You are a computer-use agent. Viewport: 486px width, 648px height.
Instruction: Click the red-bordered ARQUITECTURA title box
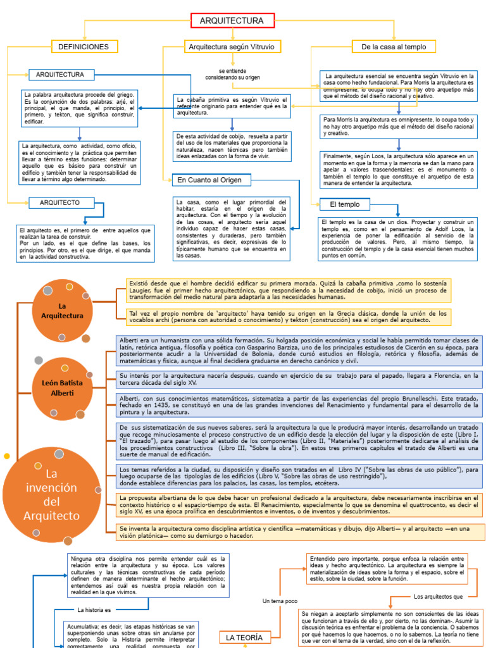click(232, 21)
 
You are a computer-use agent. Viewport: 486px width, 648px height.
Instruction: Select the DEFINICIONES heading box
click(84, 47)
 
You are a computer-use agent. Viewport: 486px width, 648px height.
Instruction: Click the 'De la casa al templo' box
click(394, 47)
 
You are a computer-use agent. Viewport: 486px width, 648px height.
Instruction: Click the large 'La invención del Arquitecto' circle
click(52, 494)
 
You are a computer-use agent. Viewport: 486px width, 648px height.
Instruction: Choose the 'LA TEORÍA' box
click(244, 637)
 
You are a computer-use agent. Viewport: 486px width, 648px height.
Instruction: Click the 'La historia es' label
click(94, 610)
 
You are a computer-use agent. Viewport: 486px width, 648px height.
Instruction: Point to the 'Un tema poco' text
click(280, 601)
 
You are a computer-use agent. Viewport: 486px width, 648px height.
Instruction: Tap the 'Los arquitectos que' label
click(439, 596)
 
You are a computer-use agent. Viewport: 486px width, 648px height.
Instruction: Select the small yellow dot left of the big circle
click(7, 456)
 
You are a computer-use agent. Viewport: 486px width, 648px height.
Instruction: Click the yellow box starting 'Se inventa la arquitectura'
click(300, 532)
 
